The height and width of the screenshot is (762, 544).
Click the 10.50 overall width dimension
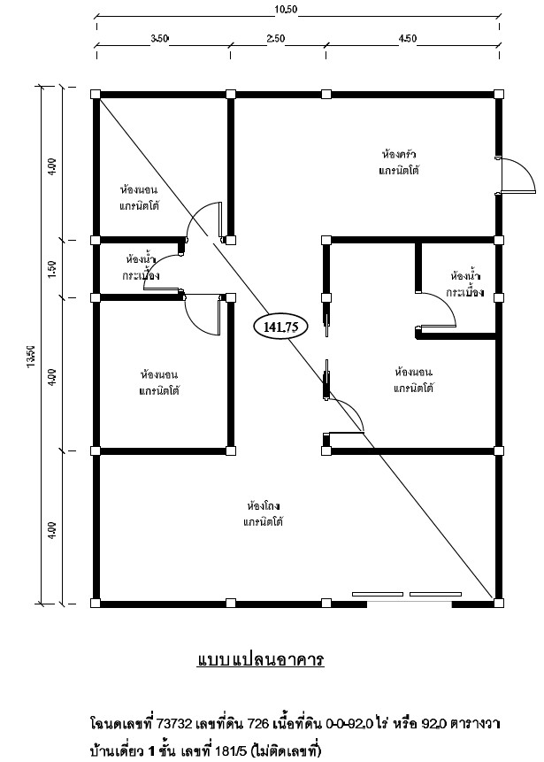[286, 9]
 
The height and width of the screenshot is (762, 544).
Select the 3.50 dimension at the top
[159, 39]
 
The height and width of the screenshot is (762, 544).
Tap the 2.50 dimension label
[276, 39]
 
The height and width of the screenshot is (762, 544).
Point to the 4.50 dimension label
[408, 39]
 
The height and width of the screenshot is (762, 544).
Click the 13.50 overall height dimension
[31, 356]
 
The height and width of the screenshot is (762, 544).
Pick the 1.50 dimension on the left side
[52, 269]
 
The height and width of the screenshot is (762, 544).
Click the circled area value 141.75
[280, 327]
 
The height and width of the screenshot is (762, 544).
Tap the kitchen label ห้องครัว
[399, 155]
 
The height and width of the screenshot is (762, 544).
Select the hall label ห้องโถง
[264, 505]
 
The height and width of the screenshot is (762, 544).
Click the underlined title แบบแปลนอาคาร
[261, 660]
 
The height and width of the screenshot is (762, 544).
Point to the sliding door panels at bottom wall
[407, 594]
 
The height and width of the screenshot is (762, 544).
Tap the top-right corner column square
[498, 95]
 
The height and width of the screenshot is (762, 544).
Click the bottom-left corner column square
[96, 604]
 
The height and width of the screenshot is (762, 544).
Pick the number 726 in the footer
[258, 724]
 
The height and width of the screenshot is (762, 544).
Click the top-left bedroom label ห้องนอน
[138, 189]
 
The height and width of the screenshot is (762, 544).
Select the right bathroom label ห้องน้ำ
[466, 276]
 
